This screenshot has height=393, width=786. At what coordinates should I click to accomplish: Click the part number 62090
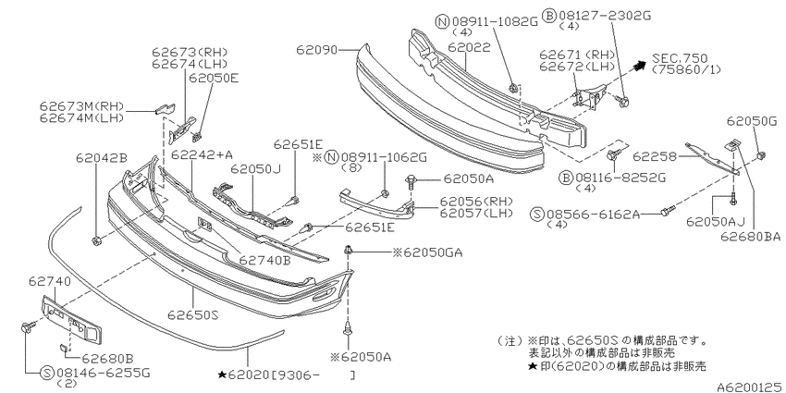tap(316, 50)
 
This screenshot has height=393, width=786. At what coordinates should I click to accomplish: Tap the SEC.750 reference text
tap(680, 58)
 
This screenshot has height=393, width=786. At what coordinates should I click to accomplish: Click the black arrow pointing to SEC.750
tap(640, 65)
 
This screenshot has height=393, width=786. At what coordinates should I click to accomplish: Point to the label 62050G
tap(751, 121)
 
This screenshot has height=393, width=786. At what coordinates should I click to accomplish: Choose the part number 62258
tap(653, 156)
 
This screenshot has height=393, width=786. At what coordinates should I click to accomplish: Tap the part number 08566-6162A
tap(594, 215)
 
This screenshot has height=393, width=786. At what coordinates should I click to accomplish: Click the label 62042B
tap(102, 157)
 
